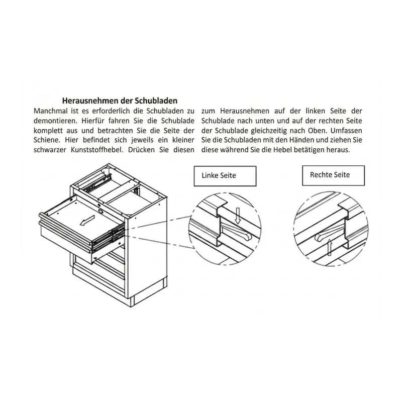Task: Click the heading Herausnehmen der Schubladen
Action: [x=120, y=100]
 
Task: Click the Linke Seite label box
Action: [x=225, y=176]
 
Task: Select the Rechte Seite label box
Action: [x=333, y=175]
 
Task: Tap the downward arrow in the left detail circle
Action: [x=238, y=216]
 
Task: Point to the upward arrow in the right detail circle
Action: [x=330, y=248]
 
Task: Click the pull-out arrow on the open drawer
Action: [x=87, y=221]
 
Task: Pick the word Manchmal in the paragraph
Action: [x=51, y=111]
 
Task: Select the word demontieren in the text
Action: [x=56, y=121]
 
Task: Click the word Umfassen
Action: [x=346, y=131]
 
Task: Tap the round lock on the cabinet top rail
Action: [x=100, y=212]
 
